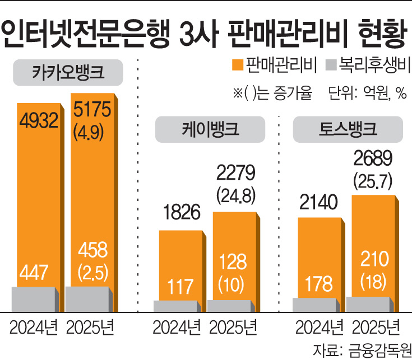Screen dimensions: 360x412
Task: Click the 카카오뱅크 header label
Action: click(x=70, y=72)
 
